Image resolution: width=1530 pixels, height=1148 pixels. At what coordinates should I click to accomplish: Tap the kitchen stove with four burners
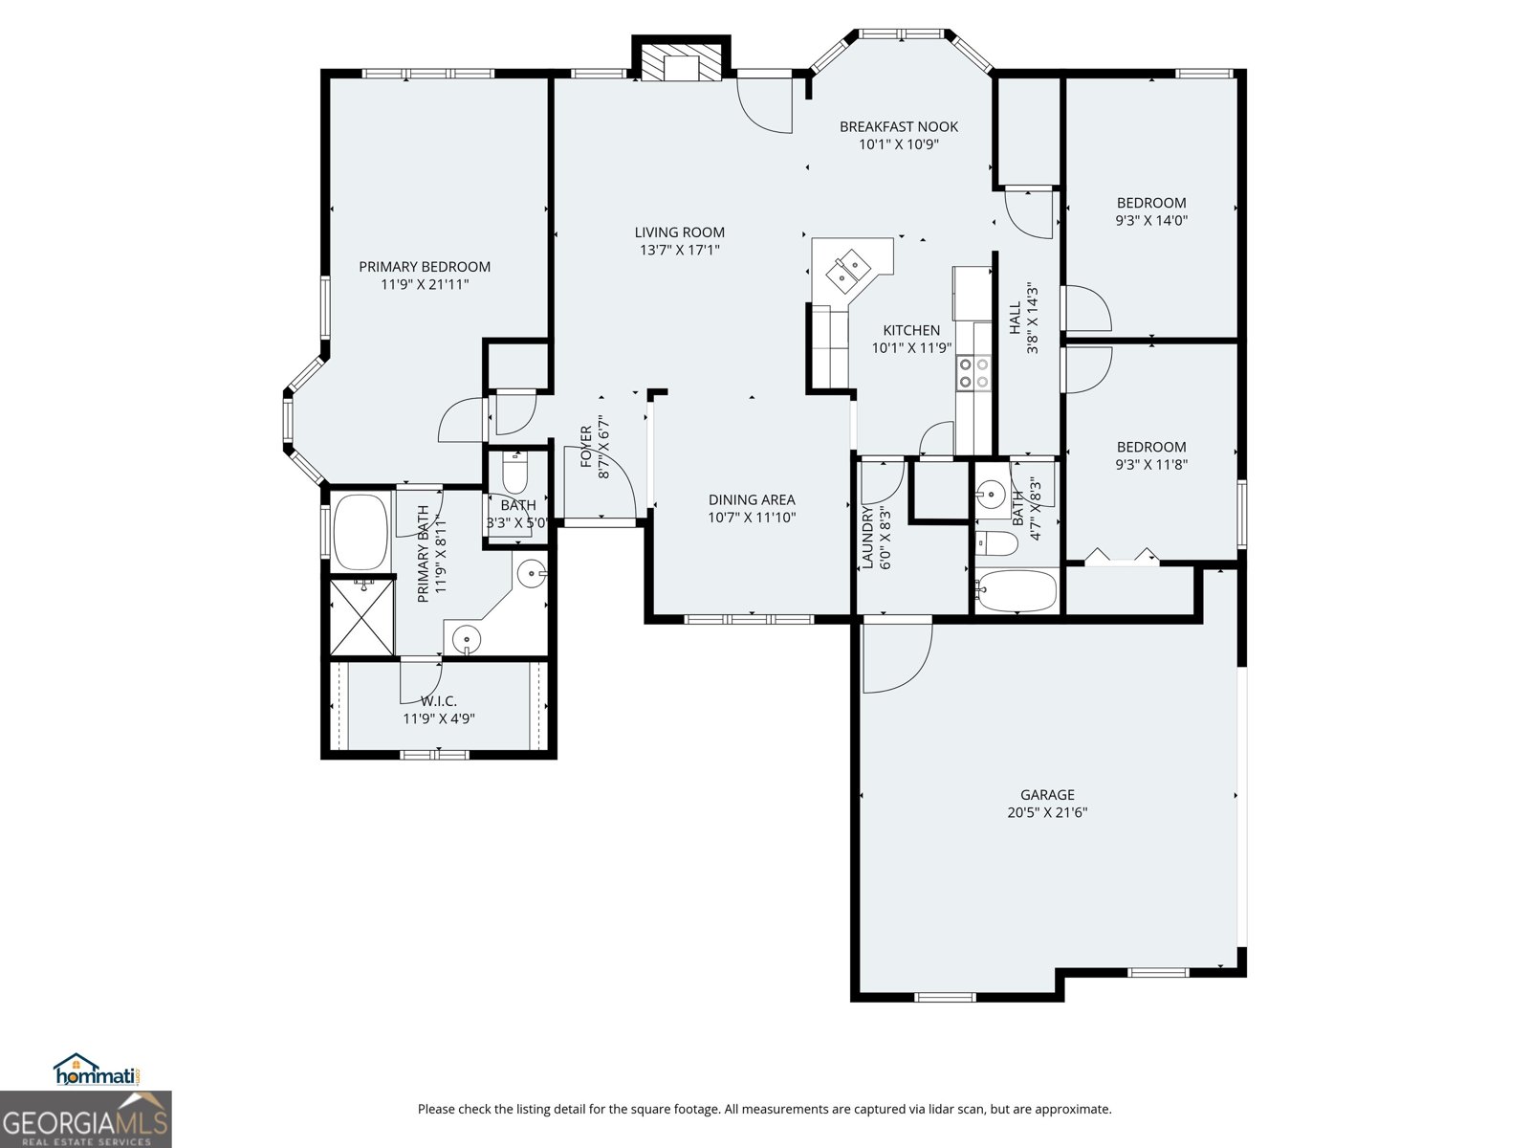[974, 372]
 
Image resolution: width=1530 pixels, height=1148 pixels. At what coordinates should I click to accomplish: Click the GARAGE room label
[1047, 795]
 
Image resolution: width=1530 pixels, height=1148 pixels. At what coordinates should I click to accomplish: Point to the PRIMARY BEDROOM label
[425, 267]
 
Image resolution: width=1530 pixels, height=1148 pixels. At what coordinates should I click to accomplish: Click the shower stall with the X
[361, 616]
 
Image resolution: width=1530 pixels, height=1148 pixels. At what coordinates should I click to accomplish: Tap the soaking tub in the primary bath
[361, 530]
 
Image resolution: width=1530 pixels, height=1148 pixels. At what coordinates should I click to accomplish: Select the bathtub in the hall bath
[1016, 590]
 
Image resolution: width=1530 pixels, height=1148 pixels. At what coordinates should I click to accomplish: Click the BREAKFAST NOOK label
[899, 126]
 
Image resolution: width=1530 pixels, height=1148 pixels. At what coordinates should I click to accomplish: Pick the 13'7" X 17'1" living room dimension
[680, 250]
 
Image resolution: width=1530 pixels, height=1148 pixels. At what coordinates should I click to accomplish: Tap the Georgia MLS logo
[85, 1120]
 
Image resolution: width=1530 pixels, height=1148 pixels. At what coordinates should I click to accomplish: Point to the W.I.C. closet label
[439, 701]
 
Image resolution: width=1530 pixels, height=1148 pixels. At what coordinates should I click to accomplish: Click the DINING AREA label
[752, 499]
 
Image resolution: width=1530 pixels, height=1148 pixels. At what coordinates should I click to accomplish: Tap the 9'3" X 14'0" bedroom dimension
[1151, 220]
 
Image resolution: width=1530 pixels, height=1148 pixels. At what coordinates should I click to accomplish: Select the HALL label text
[1015, 319]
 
